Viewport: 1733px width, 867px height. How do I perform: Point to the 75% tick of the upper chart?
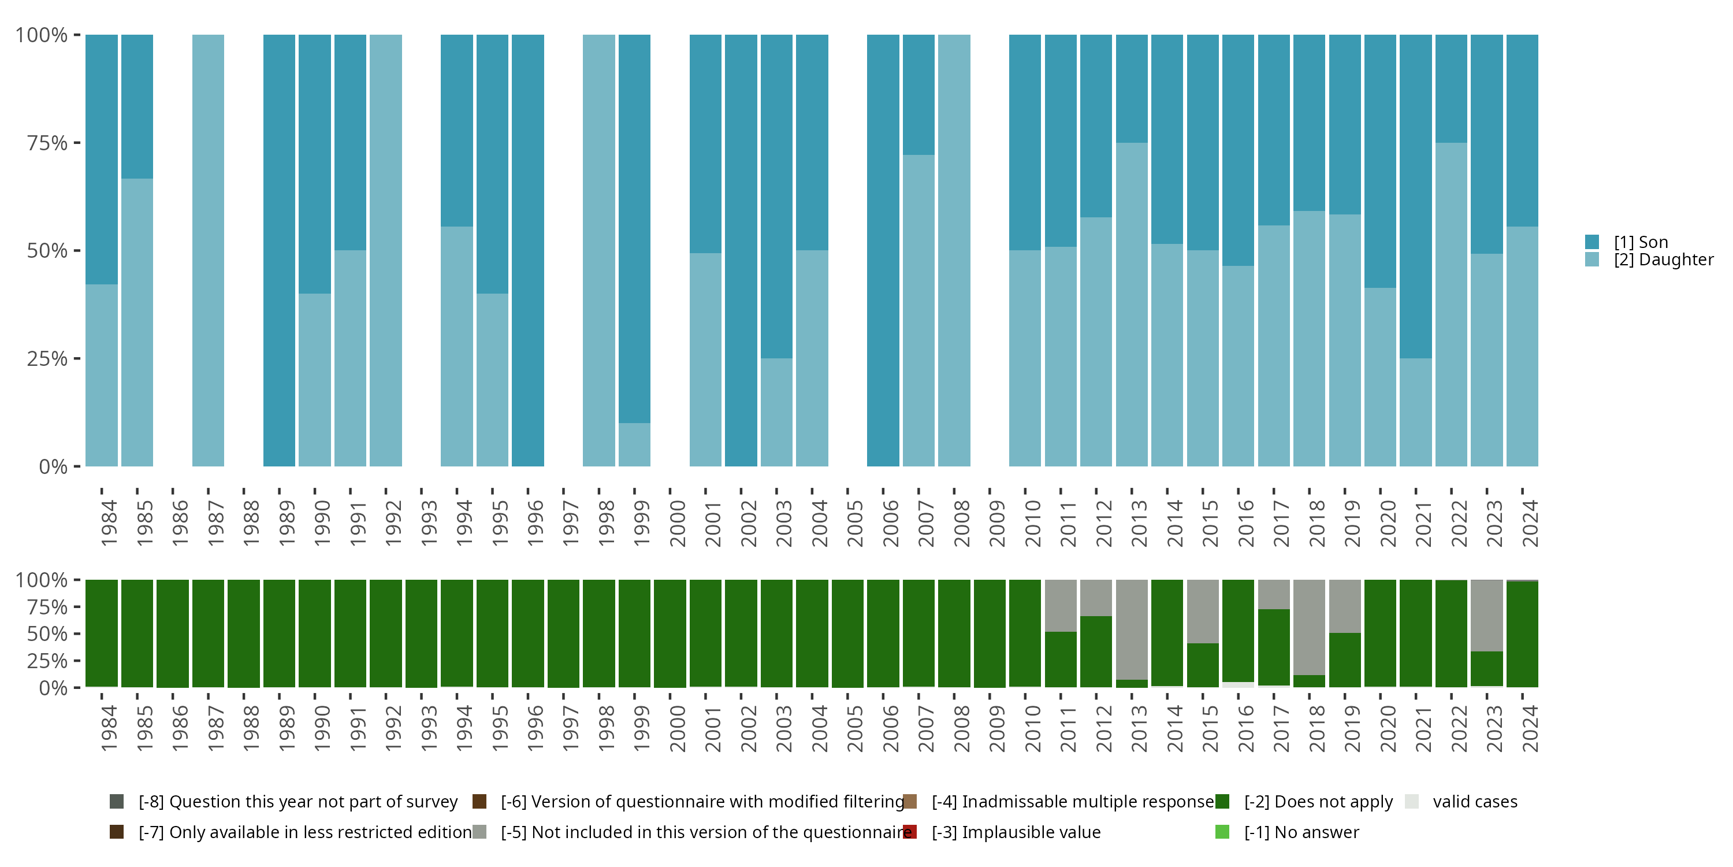pos(76,143)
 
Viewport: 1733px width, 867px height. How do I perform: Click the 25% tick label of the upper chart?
pos(47,359)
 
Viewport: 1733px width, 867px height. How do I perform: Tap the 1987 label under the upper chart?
pos(215,523)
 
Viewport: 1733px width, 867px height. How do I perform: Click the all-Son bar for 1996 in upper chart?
pos(528,250)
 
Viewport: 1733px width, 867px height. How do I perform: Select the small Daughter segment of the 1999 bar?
pos(634,444)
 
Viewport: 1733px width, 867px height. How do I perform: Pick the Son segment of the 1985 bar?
pos(137,106)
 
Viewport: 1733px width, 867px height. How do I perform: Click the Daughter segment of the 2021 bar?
pos(1415,412)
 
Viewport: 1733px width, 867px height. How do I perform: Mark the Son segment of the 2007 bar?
pos(918,94)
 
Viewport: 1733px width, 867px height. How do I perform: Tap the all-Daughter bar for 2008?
pos(954,250)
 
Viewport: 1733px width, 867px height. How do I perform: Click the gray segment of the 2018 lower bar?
pos(1309,626)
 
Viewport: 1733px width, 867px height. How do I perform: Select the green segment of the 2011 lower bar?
pos(1060,659)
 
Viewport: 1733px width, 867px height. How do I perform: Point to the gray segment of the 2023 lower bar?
pos(1487,614)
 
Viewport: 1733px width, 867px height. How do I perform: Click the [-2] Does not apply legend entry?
pos(1317,802)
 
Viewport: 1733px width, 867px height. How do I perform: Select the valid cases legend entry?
pos(1474,802)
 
